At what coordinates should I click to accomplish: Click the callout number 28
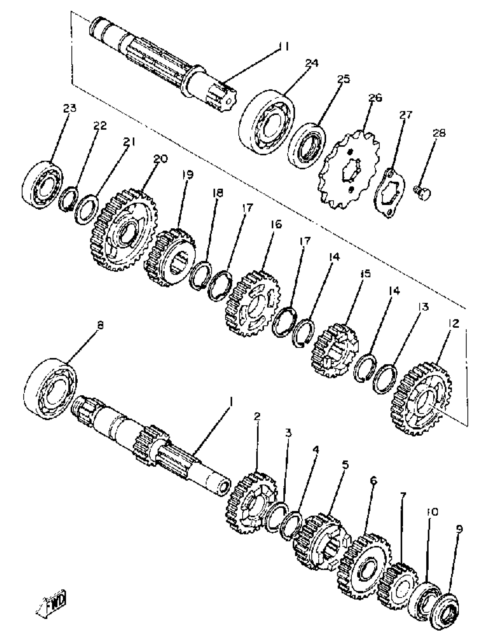click(x=439, y=133)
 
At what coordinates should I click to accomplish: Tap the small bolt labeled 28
click(x=423, y=193)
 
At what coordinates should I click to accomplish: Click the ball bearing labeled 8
click(x=50, y=388)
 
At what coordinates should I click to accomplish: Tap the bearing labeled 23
click(x=42, y=184)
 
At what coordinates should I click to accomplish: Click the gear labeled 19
click(x=170, y=257)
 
